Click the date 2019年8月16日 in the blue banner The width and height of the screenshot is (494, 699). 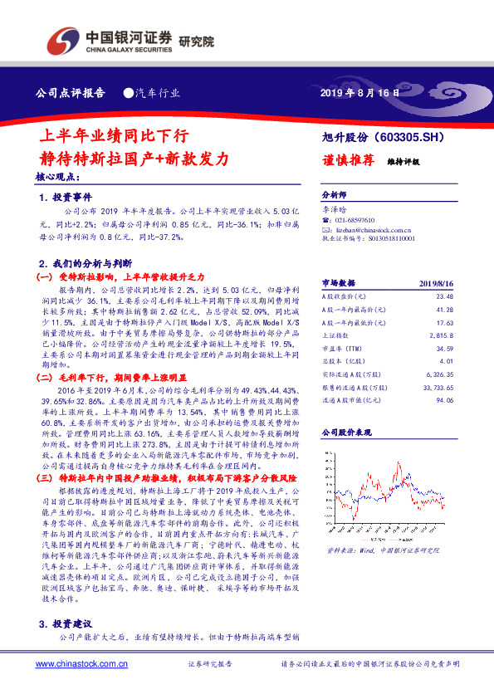pos(359,93)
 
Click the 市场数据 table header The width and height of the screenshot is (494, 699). pos(338,281)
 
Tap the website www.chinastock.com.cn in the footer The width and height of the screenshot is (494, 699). pos(81,664)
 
